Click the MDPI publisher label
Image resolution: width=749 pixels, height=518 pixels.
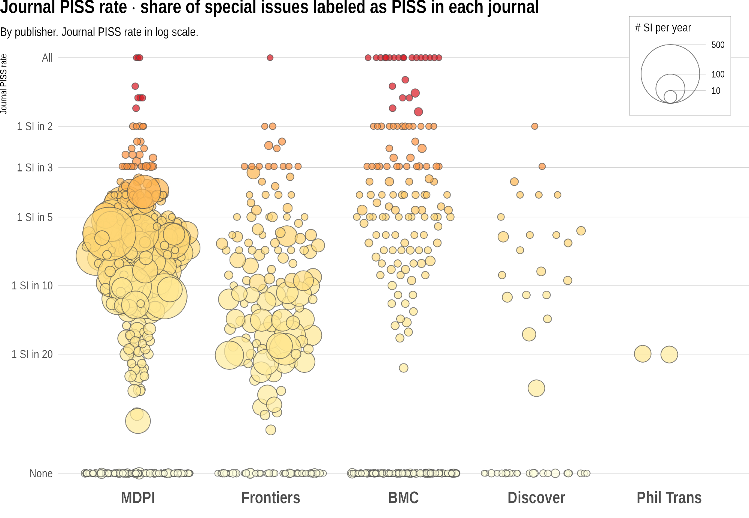pyautogui.click(x=138, y=498)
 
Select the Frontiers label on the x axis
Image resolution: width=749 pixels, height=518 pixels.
pyautogui.click(x=270, y=498)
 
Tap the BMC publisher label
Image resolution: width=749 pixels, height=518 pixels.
pyautogui.click(x=403, y=498)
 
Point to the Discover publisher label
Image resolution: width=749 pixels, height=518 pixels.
pyautogui.click(x=536, y=498)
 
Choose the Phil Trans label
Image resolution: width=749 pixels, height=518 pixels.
pyautogui.click(x=669, y=498)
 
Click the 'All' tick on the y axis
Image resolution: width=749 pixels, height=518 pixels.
pyautogui.click(x=47, y=58)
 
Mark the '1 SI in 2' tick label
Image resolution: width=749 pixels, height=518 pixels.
pyautogui.click(x=34, y=127)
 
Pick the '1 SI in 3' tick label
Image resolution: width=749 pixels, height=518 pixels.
pyautogui.click(x=34, y=168)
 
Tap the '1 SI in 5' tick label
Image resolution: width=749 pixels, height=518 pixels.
pyautogui.click(x=34, y=217)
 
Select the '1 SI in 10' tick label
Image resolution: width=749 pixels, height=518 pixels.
pyautogui.click(x=32, y=286)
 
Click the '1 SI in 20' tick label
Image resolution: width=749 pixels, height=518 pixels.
pyautogui.click(x=32, y=354)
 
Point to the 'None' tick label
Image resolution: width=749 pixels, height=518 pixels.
pyautogui.click(x=41, y=474)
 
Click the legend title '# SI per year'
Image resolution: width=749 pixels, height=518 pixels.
pyautogui.click(x=663, y=28)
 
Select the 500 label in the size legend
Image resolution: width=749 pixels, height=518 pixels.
pyautogui.click(x=718, y=45)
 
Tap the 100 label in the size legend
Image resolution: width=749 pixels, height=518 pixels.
pyautogui.click(x=718, y=74)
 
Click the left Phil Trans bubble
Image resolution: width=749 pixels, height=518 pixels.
pyautogui.click(x=643, y=354)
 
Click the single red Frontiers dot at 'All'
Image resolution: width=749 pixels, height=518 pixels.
pyautogui.click(x=270, y=58)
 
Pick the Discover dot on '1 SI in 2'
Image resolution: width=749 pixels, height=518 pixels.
pyautogui.click(x=535, y=126)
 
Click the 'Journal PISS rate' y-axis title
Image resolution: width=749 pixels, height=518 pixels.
pyautogui.click(x=4, y=84)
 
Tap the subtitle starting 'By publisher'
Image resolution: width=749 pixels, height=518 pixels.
pyautogui.click(x=99, y=32)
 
